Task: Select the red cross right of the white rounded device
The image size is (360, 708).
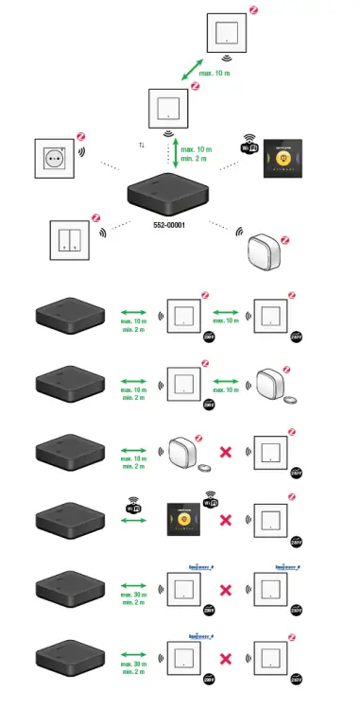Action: pos(226,452)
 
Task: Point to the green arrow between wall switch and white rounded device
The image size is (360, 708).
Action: pos(226,384)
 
